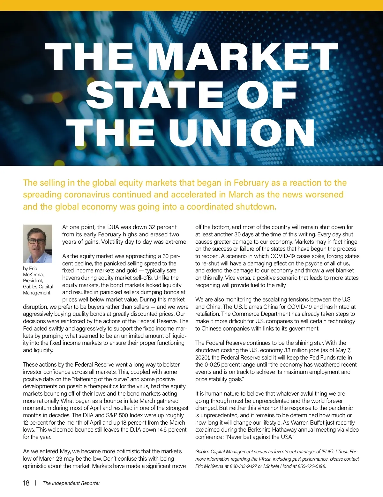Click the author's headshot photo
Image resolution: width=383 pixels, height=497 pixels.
pos(38,244)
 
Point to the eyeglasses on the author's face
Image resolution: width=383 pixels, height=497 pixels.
pos(37,241)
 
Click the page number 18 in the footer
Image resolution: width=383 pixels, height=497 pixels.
pos(26,483)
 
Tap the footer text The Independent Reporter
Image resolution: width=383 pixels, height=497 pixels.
pos(71,483)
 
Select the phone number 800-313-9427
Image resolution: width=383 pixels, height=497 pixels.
pos(243,466)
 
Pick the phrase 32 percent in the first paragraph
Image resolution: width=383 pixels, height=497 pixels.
pos(163,227)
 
